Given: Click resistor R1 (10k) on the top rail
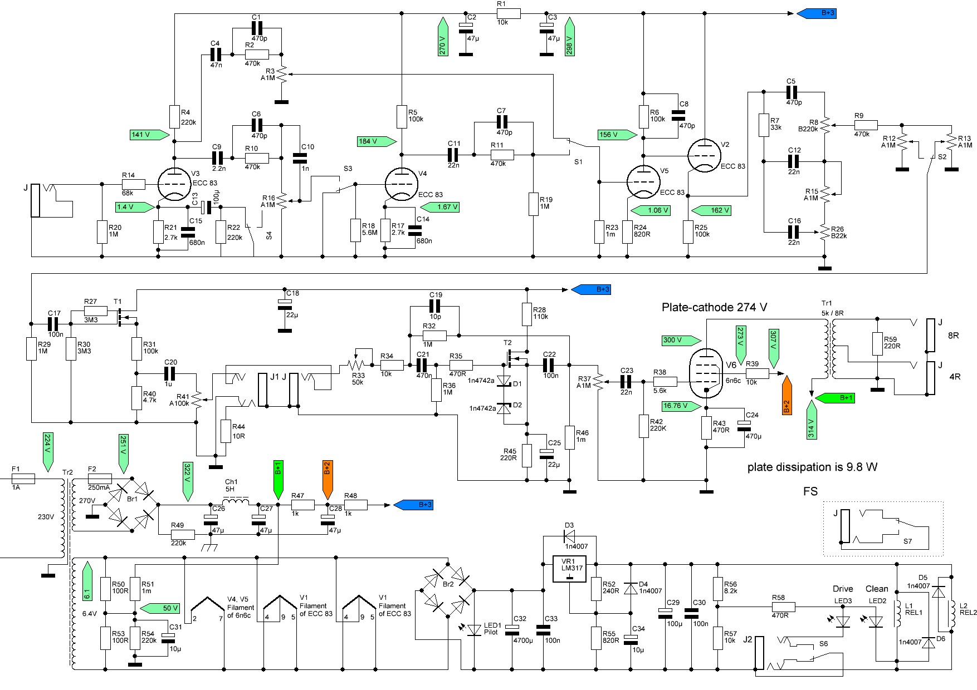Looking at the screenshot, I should (x=508, y=14).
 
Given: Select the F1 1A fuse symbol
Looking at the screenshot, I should (x=23, y=478).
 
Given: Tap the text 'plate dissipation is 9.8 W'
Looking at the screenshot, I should (x=812, y=467).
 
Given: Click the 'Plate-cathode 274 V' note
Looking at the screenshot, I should (x=714, y=307).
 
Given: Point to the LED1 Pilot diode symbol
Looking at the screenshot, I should (x=474, y=629).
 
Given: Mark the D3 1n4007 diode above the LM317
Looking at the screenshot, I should (x=570, y=537).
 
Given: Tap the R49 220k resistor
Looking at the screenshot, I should (x=182, y=534).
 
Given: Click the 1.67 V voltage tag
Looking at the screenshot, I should (x=440, y=207).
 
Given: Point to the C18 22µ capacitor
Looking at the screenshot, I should (x=284, y=304).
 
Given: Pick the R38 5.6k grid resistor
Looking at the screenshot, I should (x=665, y=382).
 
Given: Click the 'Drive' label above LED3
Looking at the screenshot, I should (x=842, y=589).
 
